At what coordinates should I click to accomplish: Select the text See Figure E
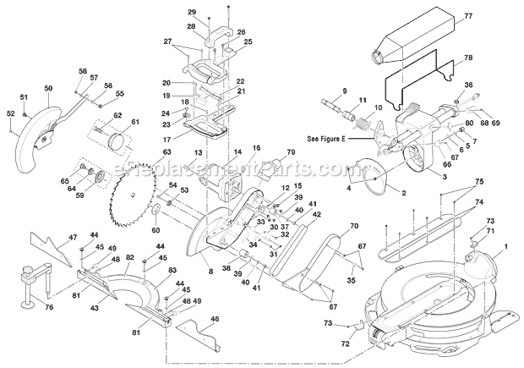pos(336,135)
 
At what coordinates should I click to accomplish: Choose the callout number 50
pos(47,88)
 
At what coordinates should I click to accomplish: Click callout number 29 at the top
pos(191,12)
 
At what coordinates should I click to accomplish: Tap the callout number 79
pos(292,152)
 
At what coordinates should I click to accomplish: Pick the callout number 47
pos(49,238)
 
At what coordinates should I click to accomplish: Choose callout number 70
pos(354,226)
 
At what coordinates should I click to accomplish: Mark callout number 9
pos(320,91)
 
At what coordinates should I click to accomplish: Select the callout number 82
pos(128,256)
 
